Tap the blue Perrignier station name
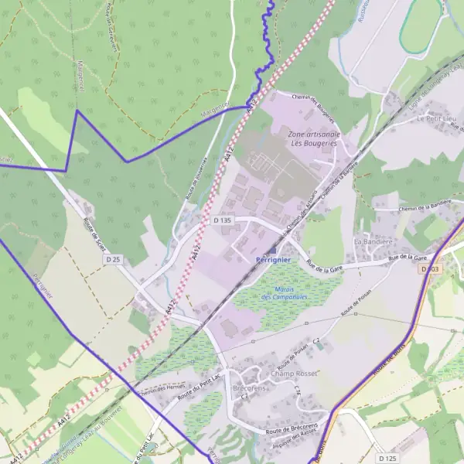pyautogui.click(x=272, y=261)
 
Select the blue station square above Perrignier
pyautogui.click(x=271, y=251)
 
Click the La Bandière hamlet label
pyautogui.click(x=370, y=242)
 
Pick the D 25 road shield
pyautogui.click(x=114, y=258)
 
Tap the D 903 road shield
pyautogui.click(x=431, y=268)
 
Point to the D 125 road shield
pyautogui.click(x=387, y=458)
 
